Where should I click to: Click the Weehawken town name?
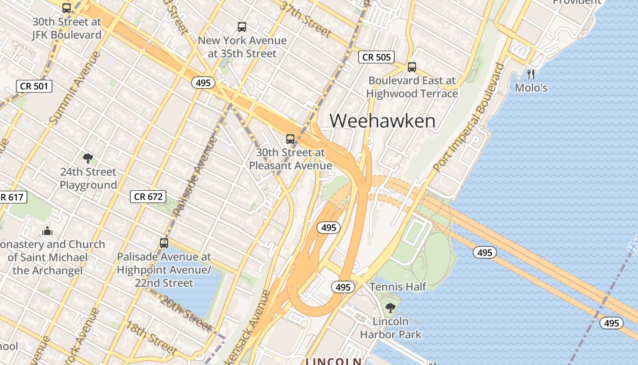pos(382,121)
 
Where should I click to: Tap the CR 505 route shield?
pos(376,57)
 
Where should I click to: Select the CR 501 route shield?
pos(34,86)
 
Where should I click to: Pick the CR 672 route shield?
pos(149,197)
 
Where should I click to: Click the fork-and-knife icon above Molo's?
pos(531,74)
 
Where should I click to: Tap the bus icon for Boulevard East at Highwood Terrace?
pos(412,67)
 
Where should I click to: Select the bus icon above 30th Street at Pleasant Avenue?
pos(290,139)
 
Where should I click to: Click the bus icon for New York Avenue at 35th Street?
pos(242,27)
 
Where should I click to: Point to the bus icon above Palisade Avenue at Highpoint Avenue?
pos(164,243)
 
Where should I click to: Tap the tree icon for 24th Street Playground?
pos(88,158)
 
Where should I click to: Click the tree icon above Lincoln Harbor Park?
pos(390,308)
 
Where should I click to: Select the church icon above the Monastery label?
pos(47,231)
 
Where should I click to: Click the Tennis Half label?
pos(398,287)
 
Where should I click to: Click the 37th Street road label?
pos(305,19)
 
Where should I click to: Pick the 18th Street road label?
pos(151,338)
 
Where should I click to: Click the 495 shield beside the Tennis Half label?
pos(343,287)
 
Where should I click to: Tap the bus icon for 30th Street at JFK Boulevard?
pos(67,8)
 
